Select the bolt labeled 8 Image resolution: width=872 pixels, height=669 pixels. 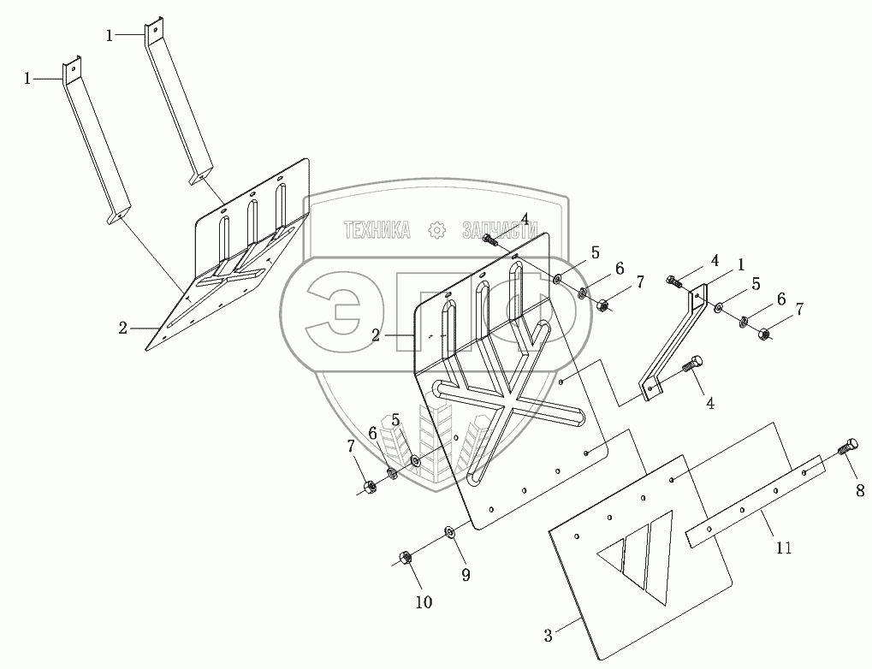(x=848, y=449)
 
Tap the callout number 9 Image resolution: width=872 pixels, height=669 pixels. (x=466, y=575)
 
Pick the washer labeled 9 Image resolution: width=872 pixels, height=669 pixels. (x=450, y=534)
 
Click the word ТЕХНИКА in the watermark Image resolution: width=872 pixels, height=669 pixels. (x=377, y=229)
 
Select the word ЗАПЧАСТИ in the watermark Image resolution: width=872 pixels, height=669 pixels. (x=499, y=229)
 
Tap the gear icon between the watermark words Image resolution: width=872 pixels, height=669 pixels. (x=436, y=229)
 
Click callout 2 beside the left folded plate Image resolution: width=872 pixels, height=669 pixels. (x=123, y=327)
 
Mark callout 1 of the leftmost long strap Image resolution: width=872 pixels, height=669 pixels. (x=28, y=78)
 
